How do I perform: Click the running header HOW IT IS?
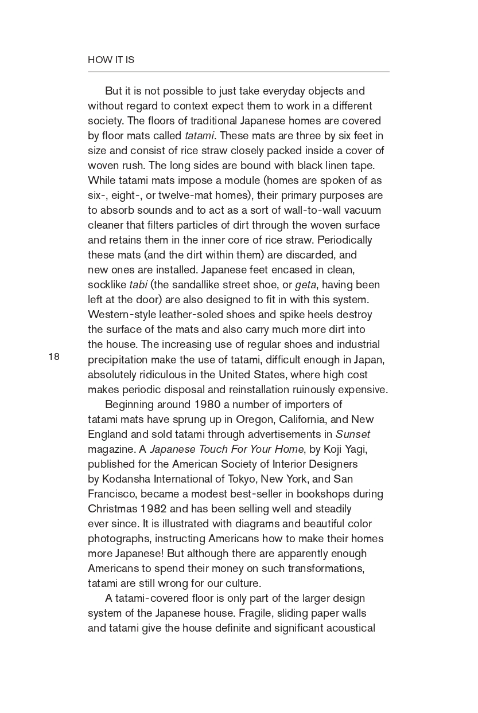111,60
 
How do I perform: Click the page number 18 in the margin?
54,357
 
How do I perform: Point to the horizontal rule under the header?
238,72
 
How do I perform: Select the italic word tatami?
199,136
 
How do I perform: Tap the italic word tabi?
138,285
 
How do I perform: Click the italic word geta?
305,285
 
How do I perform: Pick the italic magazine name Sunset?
353,434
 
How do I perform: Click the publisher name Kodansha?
127,479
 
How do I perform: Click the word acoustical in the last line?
351,628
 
